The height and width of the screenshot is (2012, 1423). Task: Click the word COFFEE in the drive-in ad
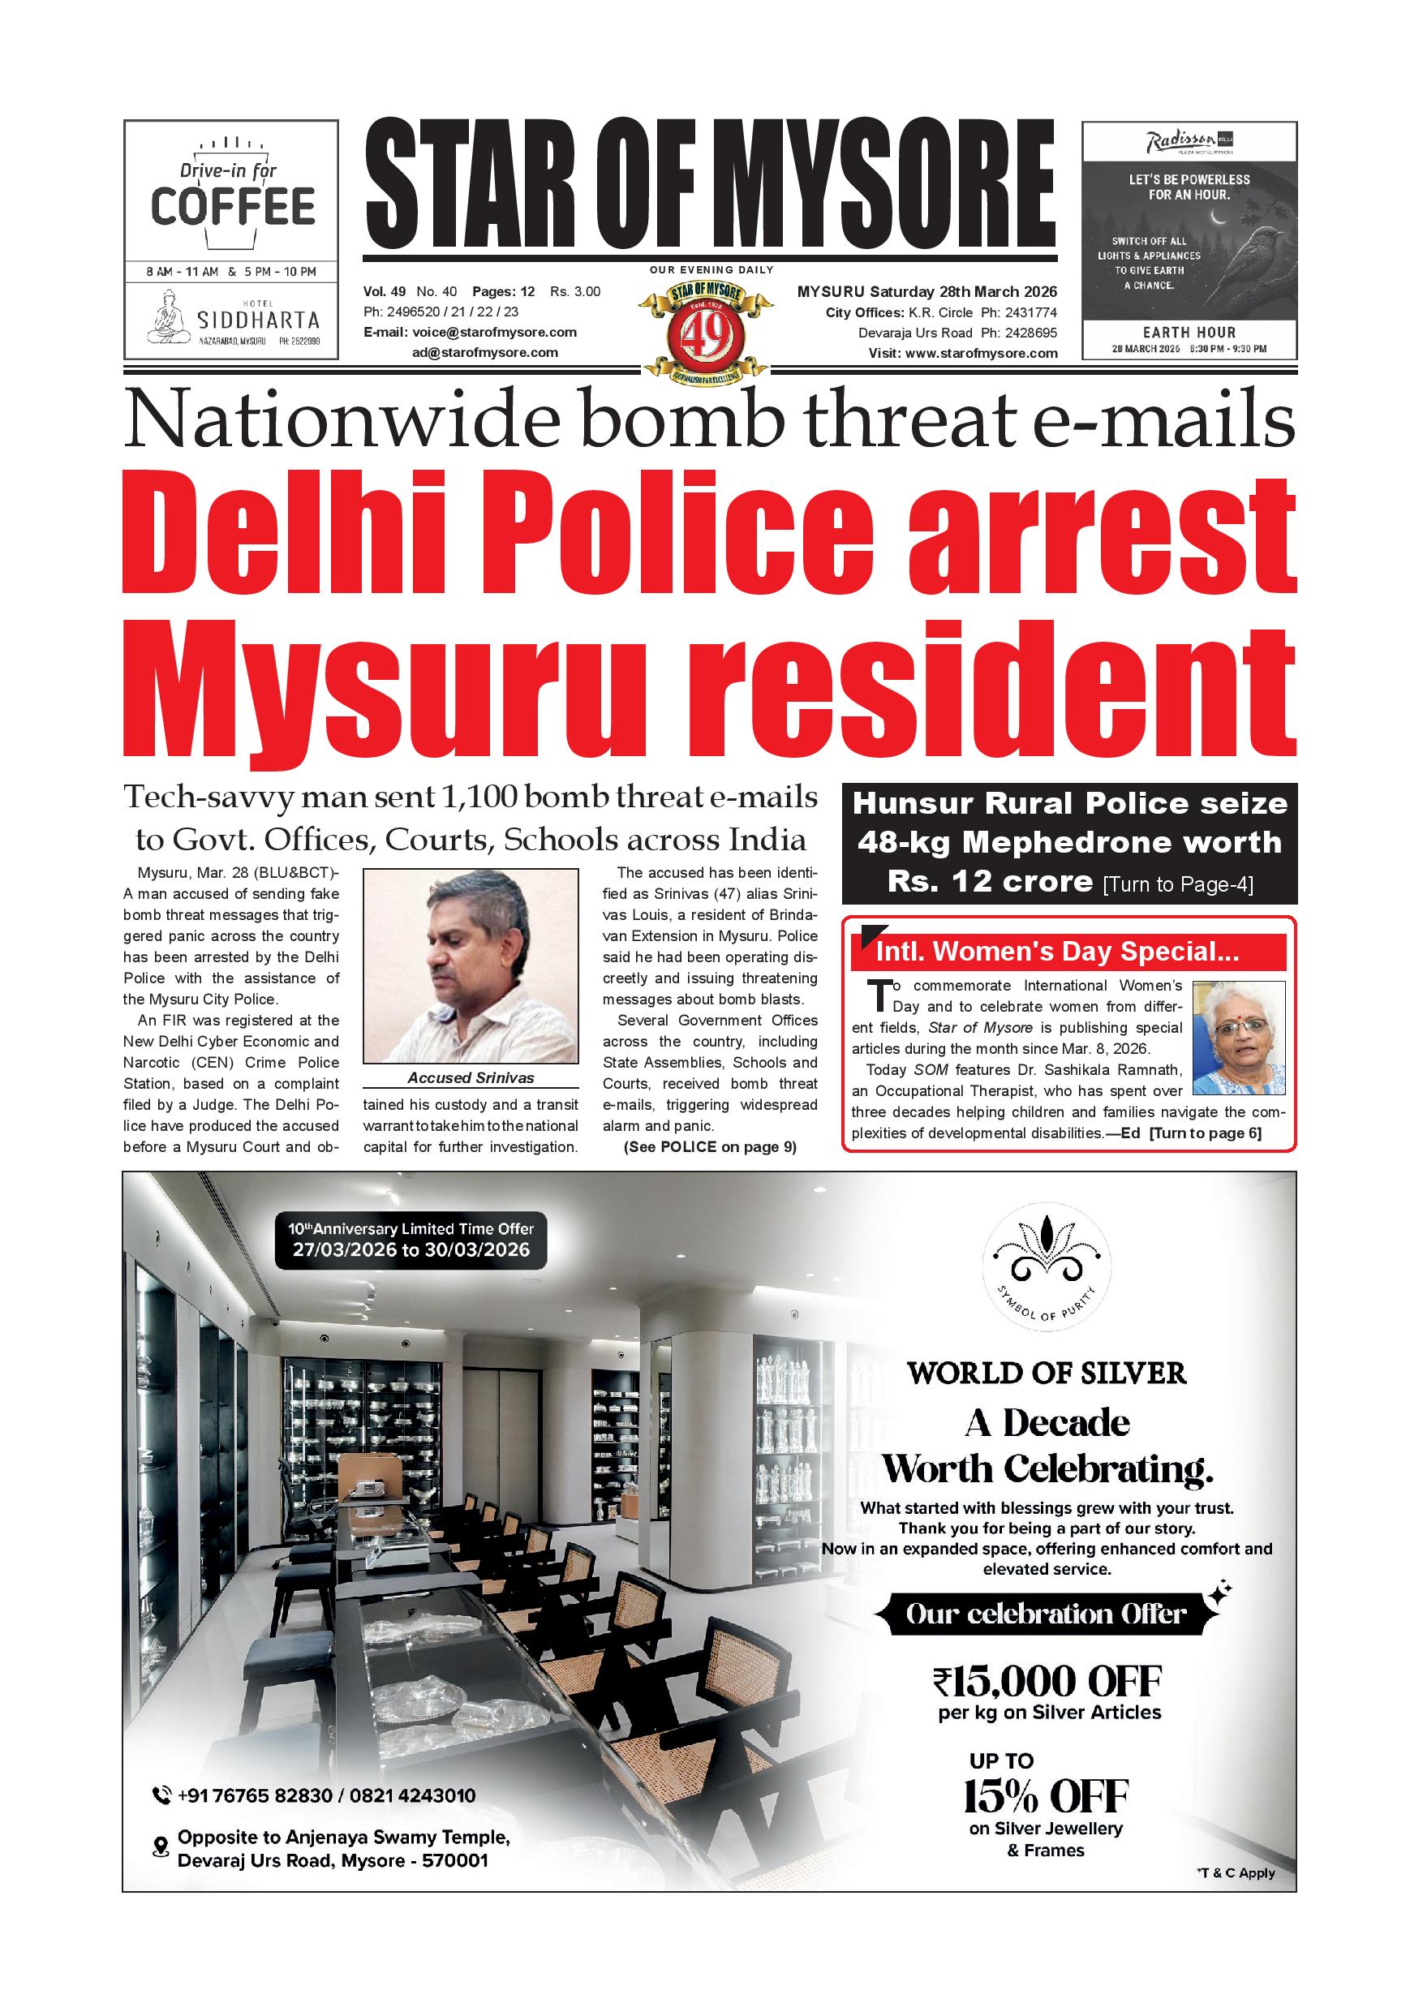[232, 207]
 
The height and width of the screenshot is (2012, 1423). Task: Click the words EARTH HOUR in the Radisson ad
[1189, 332]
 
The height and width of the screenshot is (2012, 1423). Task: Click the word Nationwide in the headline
[342, 423]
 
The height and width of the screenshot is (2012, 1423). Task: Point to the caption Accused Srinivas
[471, 1078]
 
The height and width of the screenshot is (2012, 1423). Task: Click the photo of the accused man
[471, 966]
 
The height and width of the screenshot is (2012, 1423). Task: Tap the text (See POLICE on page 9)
[710, 1147]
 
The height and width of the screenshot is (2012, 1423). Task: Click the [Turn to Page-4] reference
[1178, 884]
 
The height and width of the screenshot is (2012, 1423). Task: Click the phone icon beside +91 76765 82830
[161, 1796]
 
